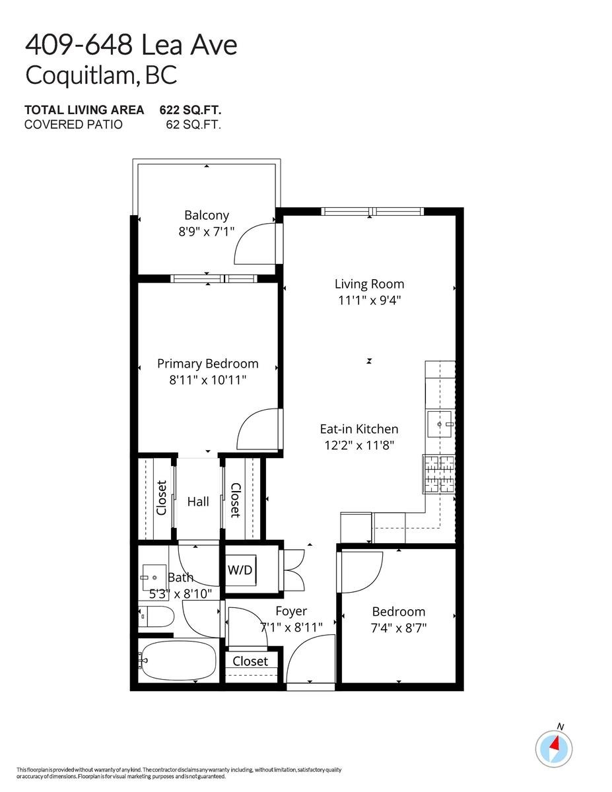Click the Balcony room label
207,215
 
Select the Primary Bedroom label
207,364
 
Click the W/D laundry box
240,570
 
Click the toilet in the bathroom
157,617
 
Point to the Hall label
198,502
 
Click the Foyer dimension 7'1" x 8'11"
291,628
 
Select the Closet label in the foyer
250,661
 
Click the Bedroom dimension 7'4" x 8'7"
398,628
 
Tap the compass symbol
553,747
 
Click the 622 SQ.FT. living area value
190,110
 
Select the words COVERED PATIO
73,124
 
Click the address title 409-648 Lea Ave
131,46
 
